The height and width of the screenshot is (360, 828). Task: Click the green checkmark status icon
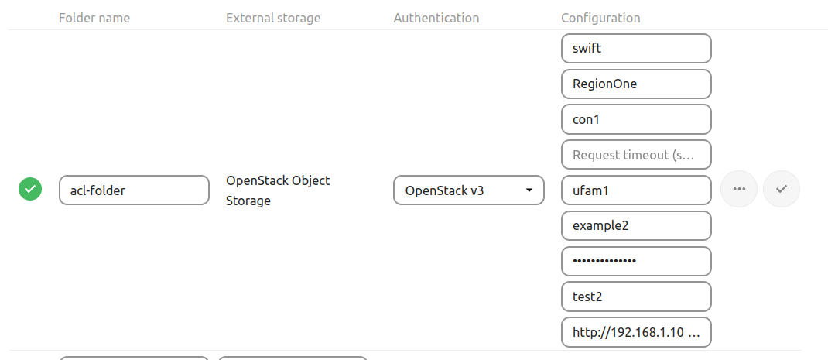tap(30, 189)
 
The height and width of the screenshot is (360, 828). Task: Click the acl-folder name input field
tap(134, 190)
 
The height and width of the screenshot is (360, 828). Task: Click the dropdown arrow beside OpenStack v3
tap(529, 190)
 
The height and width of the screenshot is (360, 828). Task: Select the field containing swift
tap(635, 48)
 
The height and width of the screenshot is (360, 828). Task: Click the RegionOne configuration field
tap(635, 84)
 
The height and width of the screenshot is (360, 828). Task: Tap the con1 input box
tap(635, 119)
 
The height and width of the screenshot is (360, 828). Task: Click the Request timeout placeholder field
tap(635, 155)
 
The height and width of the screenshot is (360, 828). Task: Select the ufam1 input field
tap(635, 190)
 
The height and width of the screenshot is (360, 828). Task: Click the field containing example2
tap(635, 226)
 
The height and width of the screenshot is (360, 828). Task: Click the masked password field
tap(635, 262)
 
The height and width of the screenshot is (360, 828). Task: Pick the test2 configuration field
tap(635, 297)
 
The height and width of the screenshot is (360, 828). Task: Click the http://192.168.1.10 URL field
tap(635, 332)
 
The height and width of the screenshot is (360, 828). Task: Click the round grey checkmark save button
tap(782, 189)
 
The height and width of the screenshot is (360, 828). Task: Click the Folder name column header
tap(94, 18)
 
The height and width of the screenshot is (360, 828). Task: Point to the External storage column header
tap(273, 18)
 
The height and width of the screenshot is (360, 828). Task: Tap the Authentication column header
tap(436, 18)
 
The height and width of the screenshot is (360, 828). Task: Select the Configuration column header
tap(600, 18)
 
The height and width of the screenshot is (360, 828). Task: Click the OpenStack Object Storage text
tap(278, 190)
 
